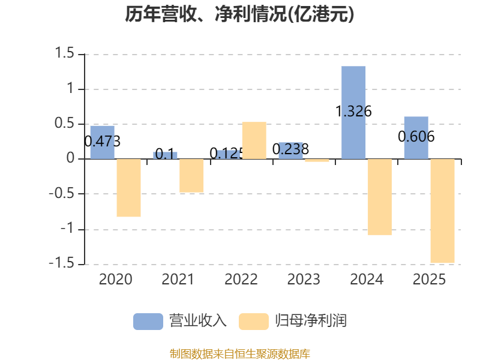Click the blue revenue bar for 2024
[353, 112]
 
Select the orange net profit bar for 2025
[442, 211]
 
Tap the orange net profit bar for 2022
[254, 140]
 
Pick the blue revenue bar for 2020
[102, 142]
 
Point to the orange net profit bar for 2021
[191, 176]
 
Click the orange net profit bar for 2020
[128, 188]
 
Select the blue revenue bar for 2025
[416, 138]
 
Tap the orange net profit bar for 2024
[380, 197]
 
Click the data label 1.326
[353, 111]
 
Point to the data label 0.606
[416, 137]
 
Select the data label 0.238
[290, 149]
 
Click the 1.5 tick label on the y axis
[64, 53]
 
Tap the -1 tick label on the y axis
[67, 229]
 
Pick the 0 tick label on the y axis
[70, 158]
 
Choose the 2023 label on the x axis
[304, 279]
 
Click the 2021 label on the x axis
[178, 279]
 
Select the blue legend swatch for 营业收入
[148, 322]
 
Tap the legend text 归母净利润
[311, 321]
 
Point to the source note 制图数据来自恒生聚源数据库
[240, 354]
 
